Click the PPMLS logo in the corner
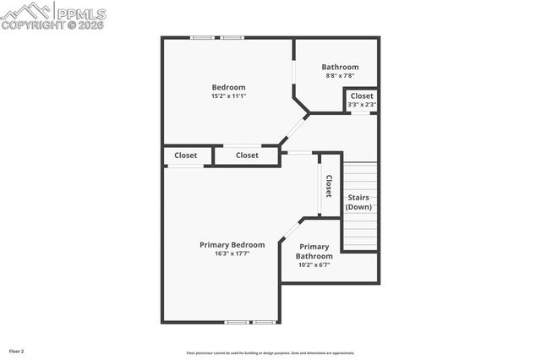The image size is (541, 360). point(53,15)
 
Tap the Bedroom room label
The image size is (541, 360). point(228,87)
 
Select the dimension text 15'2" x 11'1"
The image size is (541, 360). point(228,96)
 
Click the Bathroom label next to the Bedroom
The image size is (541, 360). point(341,68)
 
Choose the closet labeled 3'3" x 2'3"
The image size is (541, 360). point(362,100)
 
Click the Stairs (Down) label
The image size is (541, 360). point(358,202)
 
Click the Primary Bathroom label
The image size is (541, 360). point(314,251)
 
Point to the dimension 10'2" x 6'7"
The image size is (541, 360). point(314,265)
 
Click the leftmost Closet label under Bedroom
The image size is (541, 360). point(186,155)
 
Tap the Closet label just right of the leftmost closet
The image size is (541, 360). point(247,155)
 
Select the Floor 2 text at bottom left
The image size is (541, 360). point(17,350)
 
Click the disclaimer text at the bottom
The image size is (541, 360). point(270,352)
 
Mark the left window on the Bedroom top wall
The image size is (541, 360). point(201,37)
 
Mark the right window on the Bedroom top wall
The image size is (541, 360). point(232,37)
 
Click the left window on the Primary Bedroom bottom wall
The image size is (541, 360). point(237,322)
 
